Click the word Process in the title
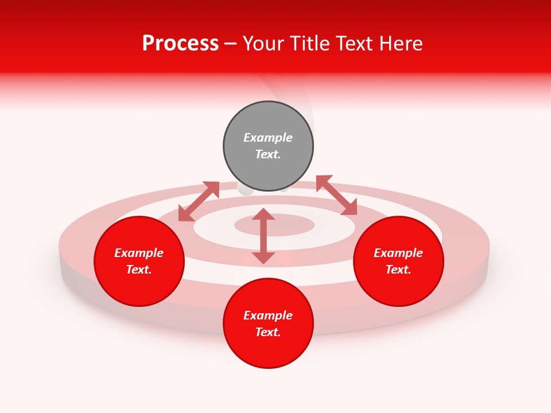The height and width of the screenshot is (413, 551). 180,44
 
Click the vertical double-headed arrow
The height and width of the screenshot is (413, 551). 263,236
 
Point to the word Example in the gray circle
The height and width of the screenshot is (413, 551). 268,138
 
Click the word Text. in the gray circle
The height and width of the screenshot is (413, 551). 268,154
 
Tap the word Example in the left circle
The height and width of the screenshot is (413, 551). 139,253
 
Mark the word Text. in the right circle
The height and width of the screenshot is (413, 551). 398,270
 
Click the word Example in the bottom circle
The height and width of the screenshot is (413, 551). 268,315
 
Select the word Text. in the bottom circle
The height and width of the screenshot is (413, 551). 268,332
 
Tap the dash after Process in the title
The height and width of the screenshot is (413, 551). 231,44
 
